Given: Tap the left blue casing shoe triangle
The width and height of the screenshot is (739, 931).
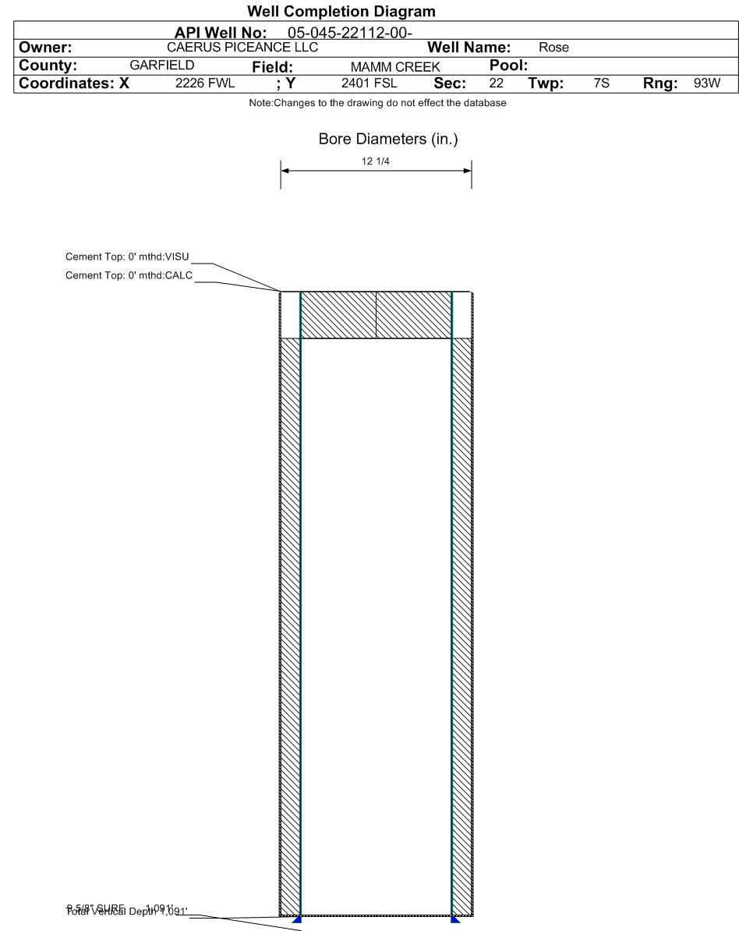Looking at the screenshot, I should coord(296,920).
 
